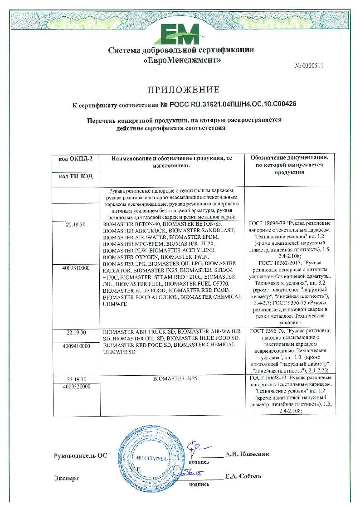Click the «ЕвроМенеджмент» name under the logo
point(181,60)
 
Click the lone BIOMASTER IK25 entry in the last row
point(173,378)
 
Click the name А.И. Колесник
point(247,454)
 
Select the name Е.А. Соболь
point(243,476)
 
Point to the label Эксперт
point(66,478)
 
